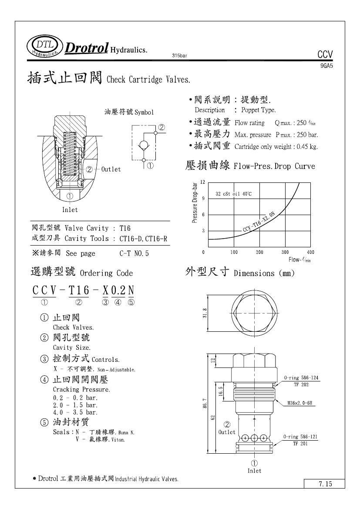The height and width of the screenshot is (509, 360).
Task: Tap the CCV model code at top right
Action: [325, 54]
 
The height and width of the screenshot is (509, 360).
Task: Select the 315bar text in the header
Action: [180, 56]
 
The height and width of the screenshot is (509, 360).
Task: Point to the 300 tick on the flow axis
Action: [285, 252]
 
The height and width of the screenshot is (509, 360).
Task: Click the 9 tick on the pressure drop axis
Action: [203, 199]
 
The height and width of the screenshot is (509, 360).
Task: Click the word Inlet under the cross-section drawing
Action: [70, 210]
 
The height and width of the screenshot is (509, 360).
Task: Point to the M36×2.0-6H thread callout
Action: [301, 403]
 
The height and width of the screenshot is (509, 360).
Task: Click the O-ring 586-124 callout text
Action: [301, 378]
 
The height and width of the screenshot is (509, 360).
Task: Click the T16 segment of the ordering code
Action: [79, 290]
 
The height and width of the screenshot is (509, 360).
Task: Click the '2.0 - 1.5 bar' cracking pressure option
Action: [75, 405]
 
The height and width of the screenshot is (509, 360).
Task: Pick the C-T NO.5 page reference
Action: [134, 253]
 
